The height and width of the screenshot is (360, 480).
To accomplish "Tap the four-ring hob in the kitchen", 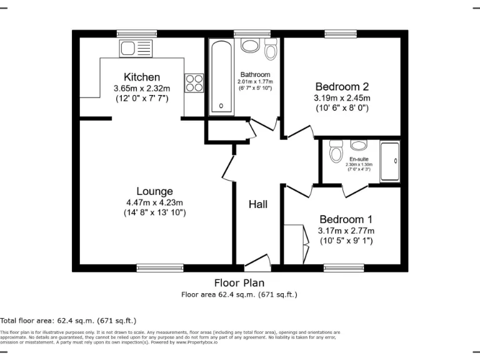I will pyautogui.click(x=194, y=82).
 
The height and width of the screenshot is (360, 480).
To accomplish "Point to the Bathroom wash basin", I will pyautogui.click(x=250, y=45).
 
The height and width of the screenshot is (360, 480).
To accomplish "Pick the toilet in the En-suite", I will pyautogui.click(x=336, y=152).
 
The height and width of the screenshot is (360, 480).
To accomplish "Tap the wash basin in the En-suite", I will pyautogui.click(x=358, y=146).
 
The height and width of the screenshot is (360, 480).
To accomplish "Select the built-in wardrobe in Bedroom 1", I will pyautogui.click(x=295, y=244).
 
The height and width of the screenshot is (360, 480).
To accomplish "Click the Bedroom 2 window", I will pyautogui.click(x=340, y=34).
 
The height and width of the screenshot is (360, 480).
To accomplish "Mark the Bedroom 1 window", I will pyautogui.click(x=339, y=268).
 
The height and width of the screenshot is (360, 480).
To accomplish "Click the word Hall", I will pyautogui.click(x=258, y=204).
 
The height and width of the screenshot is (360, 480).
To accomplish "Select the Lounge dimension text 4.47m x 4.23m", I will pyautogui.click(x=155, y=202).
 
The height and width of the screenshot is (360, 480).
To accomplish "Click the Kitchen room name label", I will pyautogui.click(x=141, y=77).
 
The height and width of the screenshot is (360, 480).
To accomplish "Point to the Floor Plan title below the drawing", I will pyautogui.click(x=239, y=282).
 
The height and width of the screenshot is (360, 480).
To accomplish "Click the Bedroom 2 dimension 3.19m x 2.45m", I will pyautogui.click(x=342, y=98).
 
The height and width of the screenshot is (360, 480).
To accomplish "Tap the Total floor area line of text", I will pyautogui.click(x=68, y=319).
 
